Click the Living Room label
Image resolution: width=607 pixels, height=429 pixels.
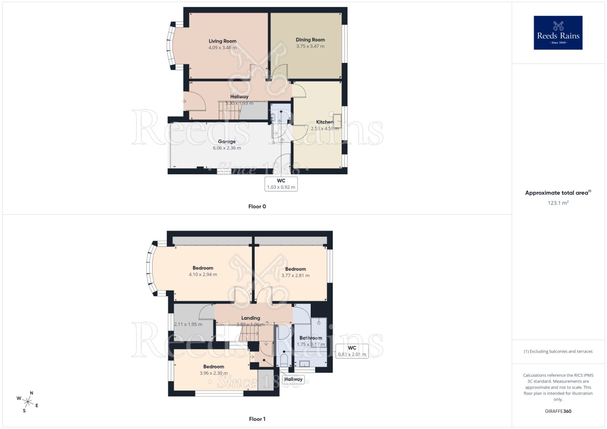pyautogui.click(x=222, y=41)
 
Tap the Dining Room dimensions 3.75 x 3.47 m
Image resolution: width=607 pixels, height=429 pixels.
pyautogui.click(x=310, y=46)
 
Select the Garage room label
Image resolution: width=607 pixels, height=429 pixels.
pyautogui.click(x=227, y=141)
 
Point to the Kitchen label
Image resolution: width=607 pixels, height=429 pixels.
pyautogui.click(x=325, y=122)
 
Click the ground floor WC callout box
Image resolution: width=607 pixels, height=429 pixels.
pyautogui.click(x=281, y=184)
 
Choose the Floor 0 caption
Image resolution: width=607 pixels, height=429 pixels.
pyautogui.click(x=257, y=207)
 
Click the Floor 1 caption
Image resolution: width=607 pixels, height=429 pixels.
pyautogui.click(x=257, y=419)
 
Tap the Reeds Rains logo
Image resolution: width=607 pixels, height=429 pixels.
pyautogui.click(x=558, y=33)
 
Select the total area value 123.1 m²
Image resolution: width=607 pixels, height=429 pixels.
pyautogui.click(x=558, y=203)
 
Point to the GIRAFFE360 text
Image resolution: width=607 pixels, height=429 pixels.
pyautogui.click(x=558, y=411)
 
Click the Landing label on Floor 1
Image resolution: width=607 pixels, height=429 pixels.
pyautogui.click(x=251, y=318)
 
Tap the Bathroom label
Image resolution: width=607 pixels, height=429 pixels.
pyautogui.click(x=311, y=338)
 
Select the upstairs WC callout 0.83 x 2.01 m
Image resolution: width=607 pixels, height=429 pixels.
pyautogui.click(x=352, y=351)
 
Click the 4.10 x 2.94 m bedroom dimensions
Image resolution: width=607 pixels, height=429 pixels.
pyautogui.click(x=203, y=274)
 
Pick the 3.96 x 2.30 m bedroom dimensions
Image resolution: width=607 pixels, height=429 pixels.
pyautogui.click(x=214, y=373)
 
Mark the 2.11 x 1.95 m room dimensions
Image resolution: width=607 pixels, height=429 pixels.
pyautogui.click(x=188, y=324)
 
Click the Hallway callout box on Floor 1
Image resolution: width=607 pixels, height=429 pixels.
pyautogui.click(x=293, y=379)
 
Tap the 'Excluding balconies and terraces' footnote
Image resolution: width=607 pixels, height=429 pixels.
pyautogui.click(x=558, y=351)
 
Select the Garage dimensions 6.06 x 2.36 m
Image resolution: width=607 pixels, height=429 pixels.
pyautogui.click(x=227, y=148)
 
